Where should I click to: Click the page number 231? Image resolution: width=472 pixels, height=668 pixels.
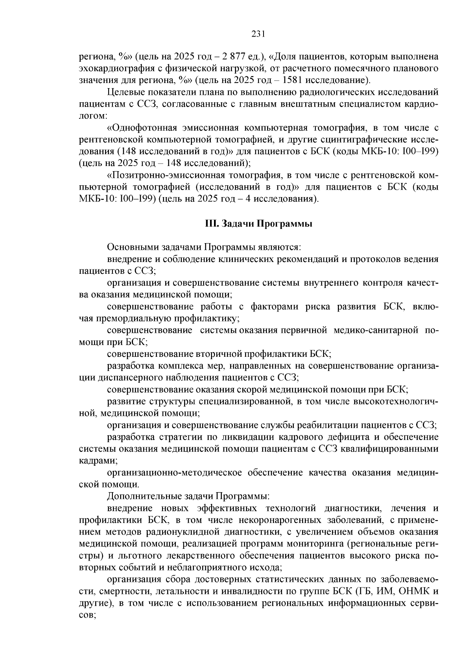[x=258, y=34]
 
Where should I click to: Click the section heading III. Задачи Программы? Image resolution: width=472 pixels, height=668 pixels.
[x=258, y=223]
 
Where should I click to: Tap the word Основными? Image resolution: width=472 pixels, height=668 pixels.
[x=128, y=247]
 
